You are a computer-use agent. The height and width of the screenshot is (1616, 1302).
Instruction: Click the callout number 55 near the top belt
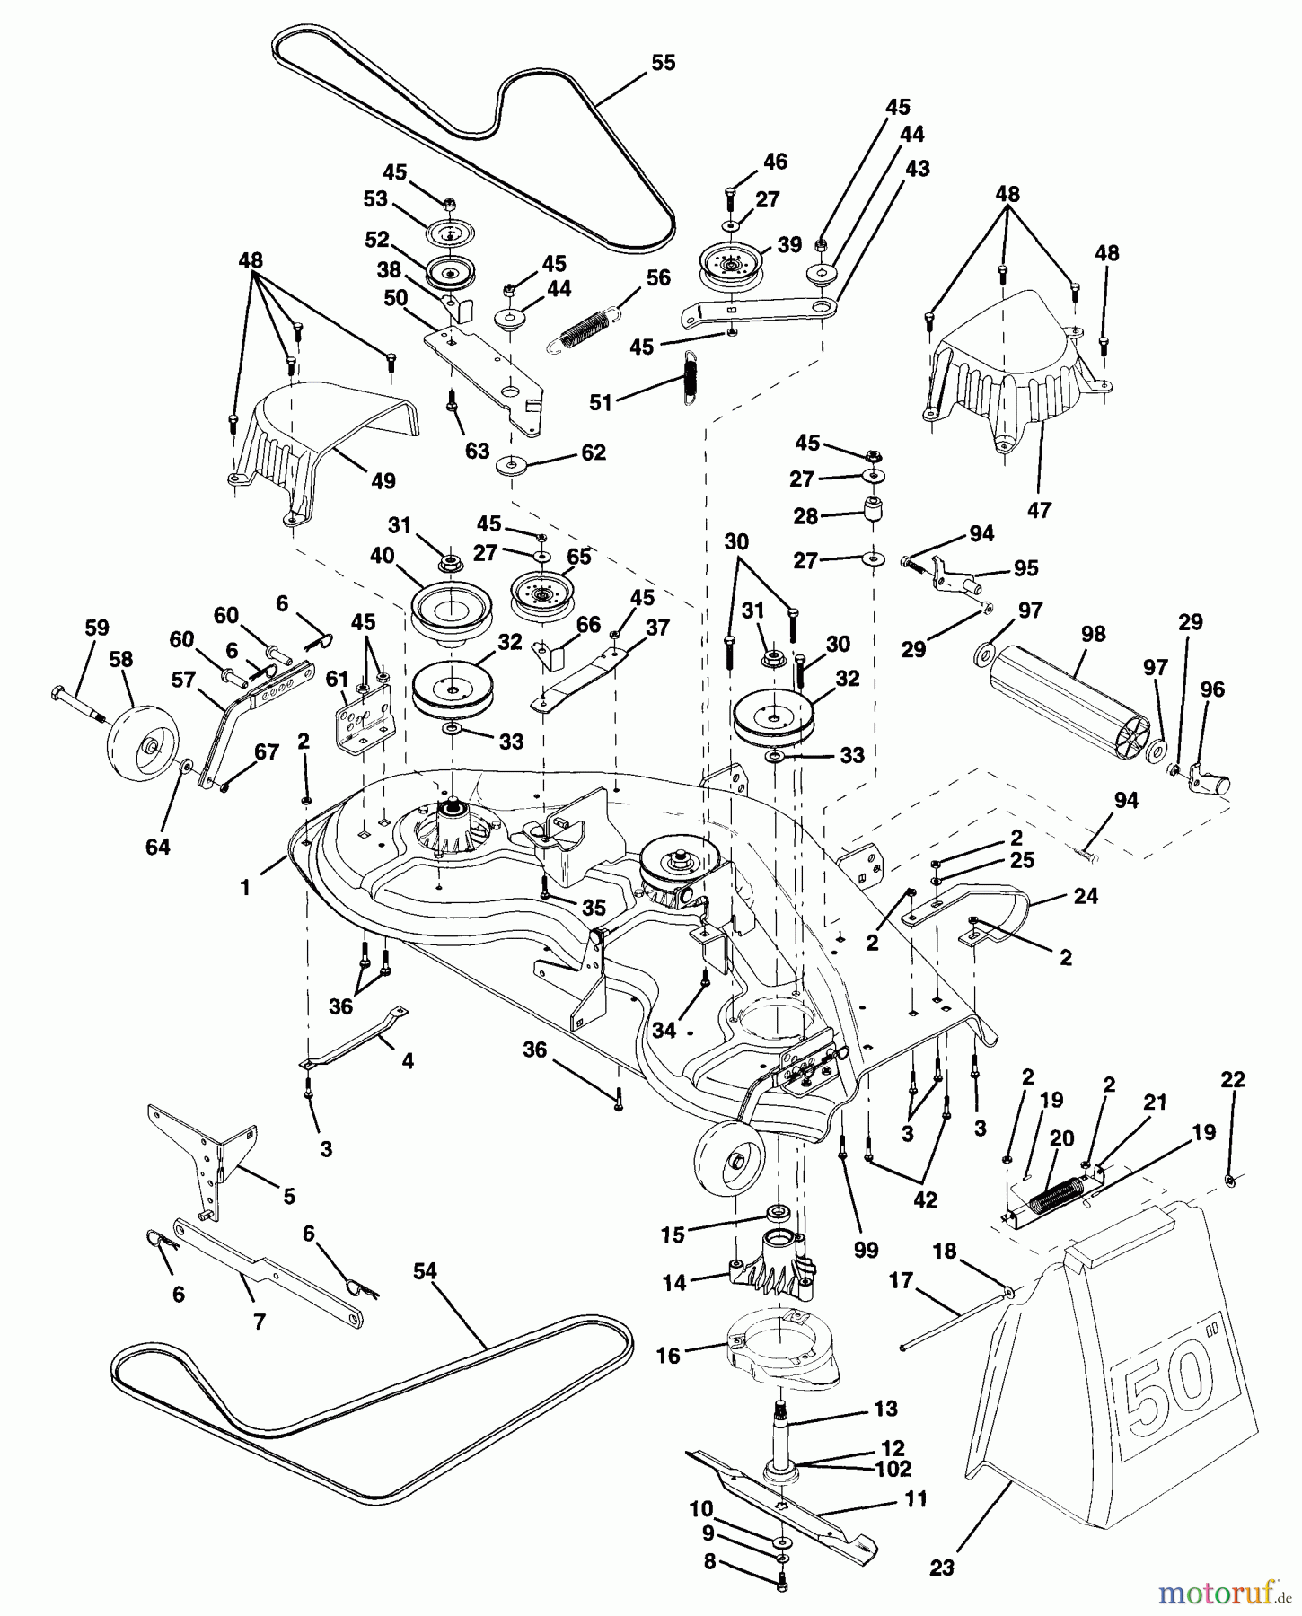(663, 63)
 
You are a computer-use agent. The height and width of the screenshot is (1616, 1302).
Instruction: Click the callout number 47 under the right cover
(1039, 510)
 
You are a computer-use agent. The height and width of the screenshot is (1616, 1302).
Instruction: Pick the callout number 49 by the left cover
(383, 481)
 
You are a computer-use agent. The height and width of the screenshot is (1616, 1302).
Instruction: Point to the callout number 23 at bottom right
(941, 1568)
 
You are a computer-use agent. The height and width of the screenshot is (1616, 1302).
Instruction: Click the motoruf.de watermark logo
(1220, 1593)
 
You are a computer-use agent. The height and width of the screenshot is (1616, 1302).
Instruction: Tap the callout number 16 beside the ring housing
(668, 1356)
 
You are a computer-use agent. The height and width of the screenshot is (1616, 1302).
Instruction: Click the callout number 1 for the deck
(244, 887)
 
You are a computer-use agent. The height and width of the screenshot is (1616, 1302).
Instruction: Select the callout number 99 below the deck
(867, 1249)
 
